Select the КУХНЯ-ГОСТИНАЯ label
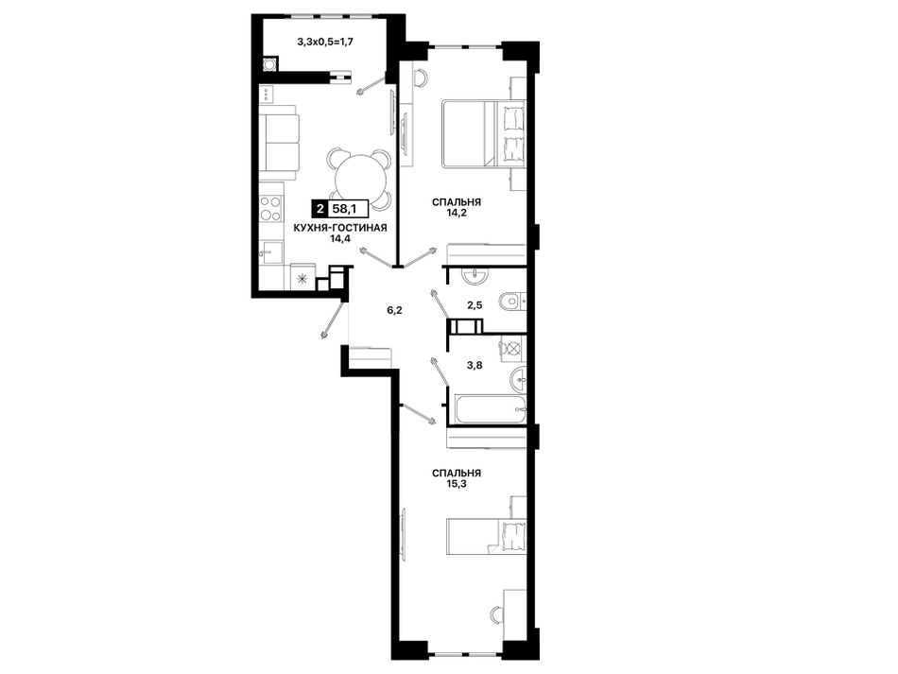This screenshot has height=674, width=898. (x=340, y=228)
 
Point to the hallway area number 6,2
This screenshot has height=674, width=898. (x=394, y=311)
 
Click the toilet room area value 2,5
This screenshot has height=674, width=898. (x=475, y=305)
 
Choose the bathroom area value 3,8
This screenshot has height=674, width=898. (x=475, y=365)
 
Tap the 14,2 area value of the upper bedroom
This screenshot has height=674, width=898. (x=457, y=213)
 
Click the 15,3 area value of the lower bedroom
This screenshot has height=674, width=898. (x=457, y=483)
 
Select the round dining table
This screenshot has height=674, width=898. (x=359, y=179)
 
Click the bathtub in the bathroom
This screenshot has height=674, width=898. (x=490, y=409)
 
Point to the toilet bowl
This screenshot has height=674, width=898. (x=509, y=300)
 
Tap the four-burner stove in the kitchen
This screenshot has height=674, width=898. (x=270, y=208)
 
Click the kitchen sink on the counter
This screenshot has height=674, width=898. (x=271, y=253)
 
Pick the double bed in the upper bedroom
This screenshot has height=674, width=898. (x=483, y=133)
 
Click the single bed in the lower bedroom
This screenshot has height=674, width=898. (x=486, y=536)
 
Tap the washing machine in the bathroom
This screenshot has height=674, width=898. (x=511, y=348)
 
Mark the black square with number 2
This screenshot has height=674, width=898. (x=319, y=210)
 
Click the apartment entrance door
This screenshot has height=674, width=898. (x=335, y=320)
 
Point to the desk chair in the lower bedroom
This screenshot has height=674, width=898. (x=497, y=615)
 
